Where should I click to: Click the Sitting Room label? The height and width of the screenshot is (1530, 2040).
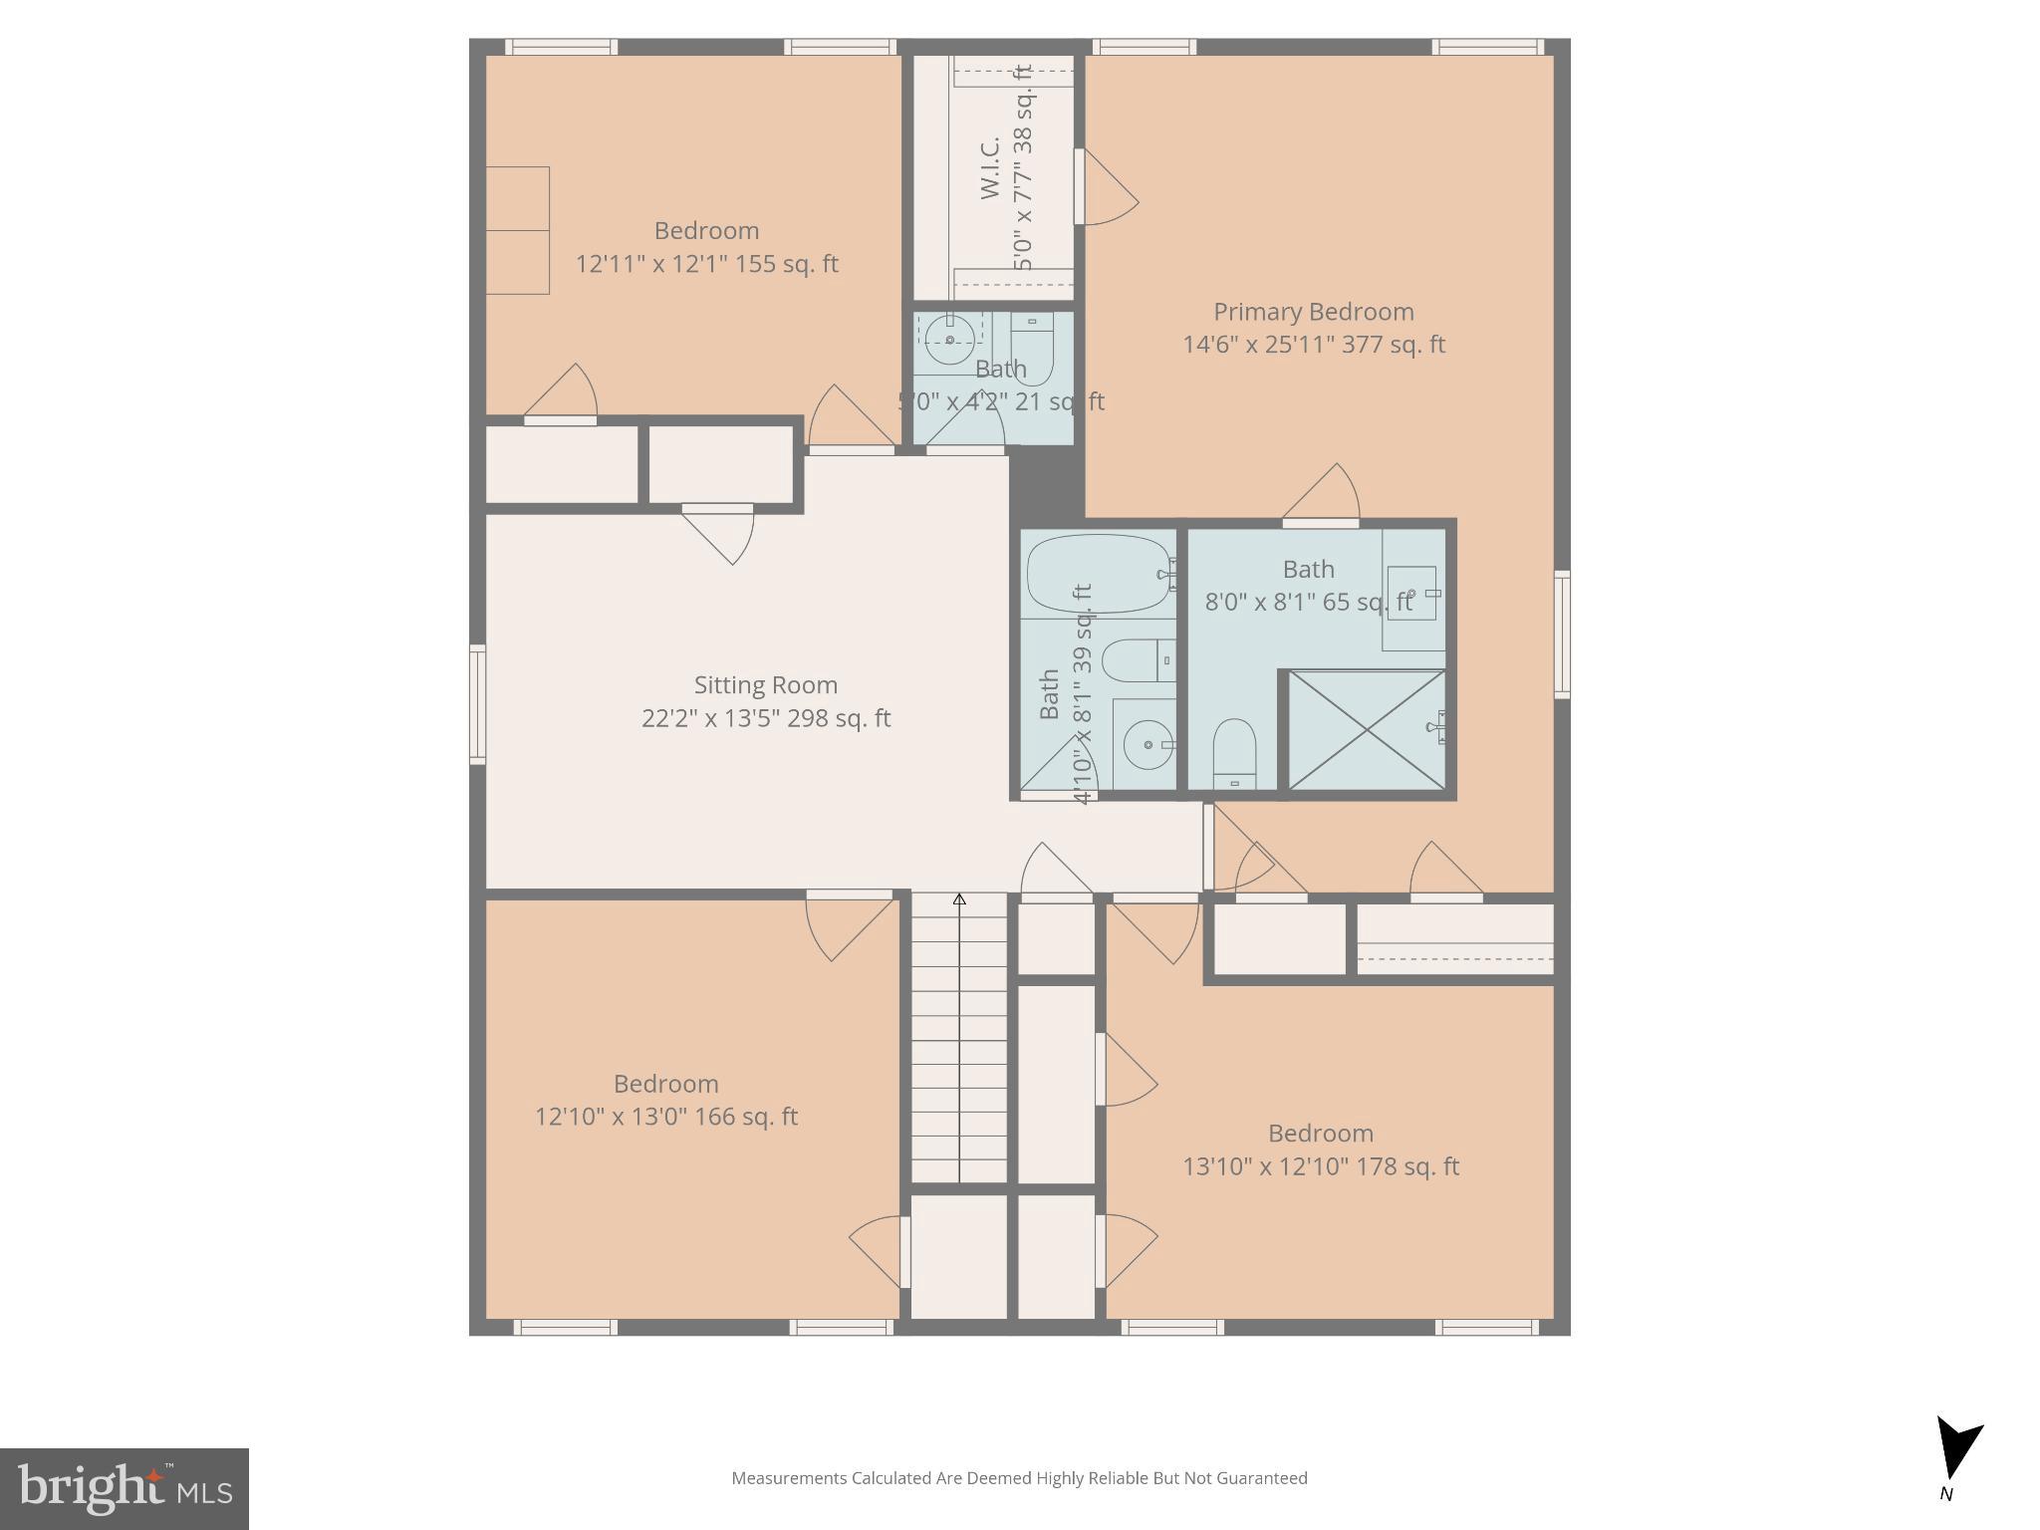click(x=765, y=685)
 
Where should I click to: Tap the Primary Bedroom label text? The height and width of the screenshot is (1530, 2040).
click(x=1313, y=312)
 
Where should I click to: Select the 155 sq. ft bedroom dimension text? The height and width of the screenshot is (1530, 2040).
click(x=706, y=264)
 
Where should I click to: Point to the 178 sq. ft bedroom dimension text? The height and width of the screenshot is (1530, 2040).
click(x=1320, y=1166)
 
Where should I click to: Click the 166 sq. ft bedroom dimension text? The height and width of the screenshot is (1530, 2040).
click(x=665, y=1117)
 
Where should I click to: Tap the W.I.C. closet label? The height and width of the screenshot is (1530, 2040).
click(x=989, y=169)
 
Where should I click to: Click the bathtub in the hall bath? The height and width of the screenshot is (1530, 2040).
click(x=1098, y=575)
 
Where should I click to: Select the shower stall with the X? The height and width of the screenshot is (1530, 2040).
click(x=1367, y=730)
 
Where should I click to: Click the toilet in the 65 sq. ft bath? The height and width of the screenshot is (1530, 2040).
click(x=1234, y=752)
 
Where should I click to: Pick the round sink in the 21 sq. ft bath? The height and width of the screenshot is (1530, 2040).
click(x=949, y=341)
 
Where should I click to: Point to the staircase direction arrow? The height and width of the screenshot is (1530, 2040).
click(x=959, y=899)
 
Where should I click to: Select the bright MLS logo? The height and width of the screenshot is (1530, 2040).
click(x=124, y=1488)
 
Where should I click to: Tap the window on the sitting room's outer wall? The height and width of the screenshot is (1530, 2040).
click(x=477, y=704)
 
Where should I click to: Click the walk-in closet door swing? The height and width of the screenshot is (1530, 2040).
click(x=1108, y=189)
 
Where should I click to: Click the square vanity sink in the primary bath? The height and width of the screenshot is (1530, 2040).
click(x=1411, y=593)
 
